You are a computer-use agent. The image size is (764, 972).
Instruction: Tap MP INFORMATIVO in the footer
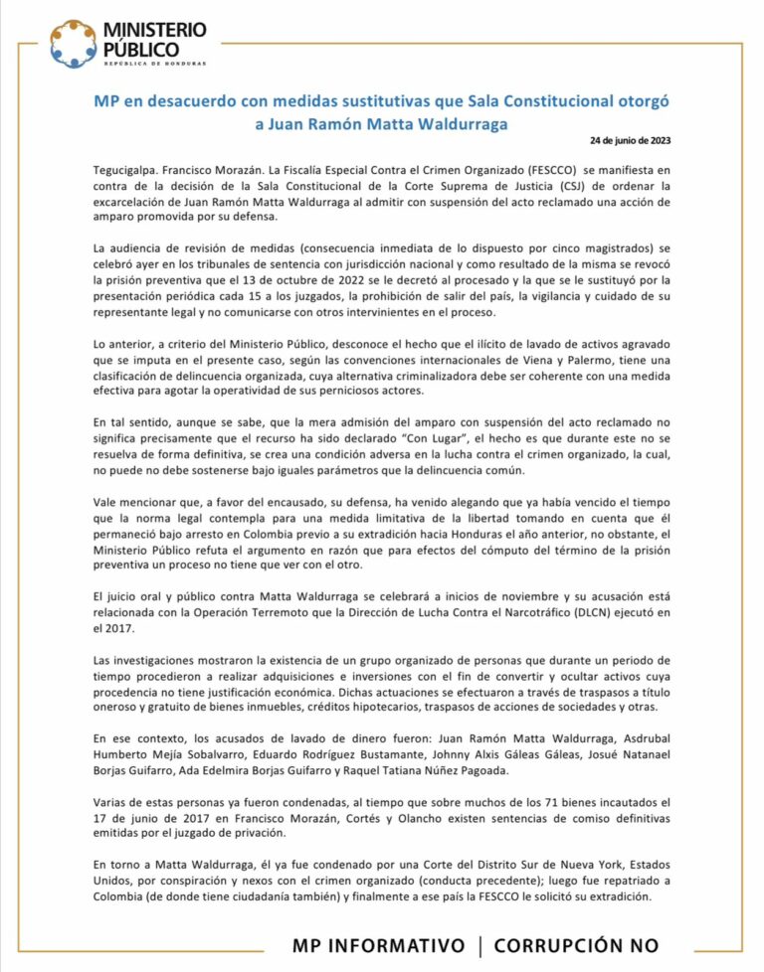click(x=379, y=946)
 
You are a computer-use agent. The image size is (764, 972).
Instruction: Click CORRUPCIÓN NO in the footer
click(x=576, y=946)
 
